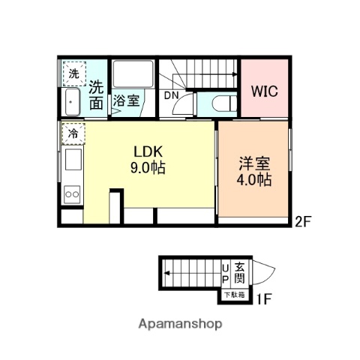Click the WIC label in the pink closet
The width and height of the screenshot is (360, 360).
pos(265,91)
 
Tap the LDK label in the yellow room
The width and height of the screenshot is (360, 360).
pos(148,151)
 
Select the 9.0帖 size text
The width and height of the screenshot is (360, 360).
pos(148,167)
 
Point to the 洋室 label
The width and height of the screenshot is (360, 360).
pos(254,163)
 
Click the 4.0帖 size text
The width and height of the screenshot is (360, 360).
pos(254,179)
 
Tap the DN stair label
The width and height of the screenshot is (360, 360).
pos(172,95)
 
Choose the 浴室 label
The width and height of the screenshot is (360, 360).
pos(126,100)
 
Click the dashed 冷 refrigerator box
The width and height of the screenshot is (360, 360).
pos(73,134)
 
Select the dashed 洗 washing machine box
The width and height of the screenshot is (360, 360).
pos(74,73)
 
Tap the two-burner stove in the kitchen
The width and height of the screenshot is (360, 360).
pos(72,194)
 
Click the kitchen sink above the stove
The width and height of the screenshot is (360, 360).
pos(73,160)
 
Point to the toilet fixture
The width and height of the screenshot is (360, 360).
pos(224,103)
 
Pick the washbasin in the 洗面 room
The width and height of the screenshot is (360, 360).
pos(73,102)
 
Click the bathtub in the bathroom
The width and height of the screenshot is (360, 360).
pos(133,74)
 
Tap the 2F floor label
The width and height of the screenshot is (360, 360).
pos(303,221)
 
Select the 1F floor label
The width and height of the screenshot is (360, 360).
pos(264,298)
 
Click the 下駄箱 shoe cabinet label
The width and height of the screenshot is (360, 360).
pos(234,295)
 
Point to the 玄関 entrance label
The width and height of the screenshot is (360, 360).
pos(239,273)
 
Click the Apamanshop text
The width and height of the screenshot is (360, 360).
pos(180,324)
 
